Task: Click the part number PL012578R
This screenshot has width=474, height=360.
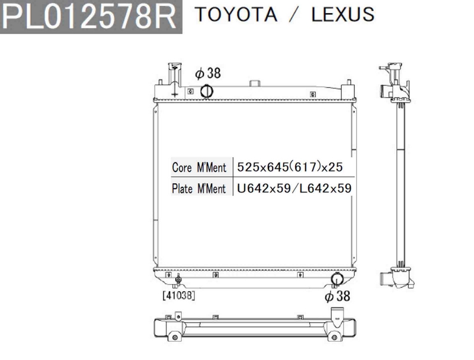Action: (x=91, y=17)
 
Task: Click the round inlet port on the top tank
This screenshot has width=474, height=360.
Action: (x=207, y=91)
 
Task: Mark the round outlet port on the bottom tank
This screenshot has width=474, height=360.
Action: (x=337, y=279)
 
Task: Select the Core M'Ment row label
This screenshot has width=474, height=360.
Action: (x=199, y=167)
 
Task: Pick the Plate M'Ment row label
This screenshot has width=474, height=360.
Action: (x=199, y=189)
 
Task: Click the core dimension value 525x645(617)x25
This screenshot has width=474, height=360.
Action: (x=290, y=167)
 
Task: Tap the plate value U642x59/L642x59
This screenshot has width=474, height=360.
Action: (x=294, y=189)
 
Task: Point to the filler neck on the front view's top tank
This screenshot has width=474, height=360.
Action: (x=173, y=78)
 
